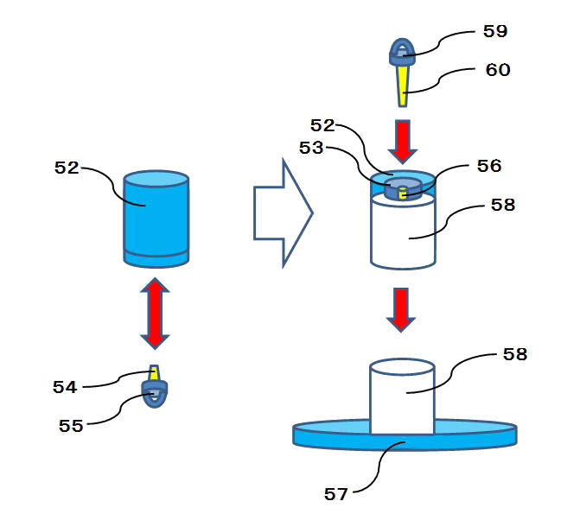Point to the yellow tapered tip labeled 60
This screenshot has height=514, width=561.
pyautogui.click(x=403, y=84)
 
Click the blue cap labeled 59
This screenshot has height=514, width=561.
pyautogui.click(x=402, y=52)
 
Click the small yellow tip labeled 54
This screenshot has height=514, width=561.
pyautogui.click(x=154, y=373)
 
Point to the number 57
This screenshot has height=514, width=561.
pyautogui.click(x=335, y=494)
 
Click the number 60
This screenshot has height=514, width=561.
pyautogui.click(x=498, y=70)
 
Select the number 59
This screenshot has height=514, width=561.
pyautogui.click(x=495, y=31)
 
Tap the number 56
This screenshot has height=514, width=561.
pyautogui.click(x=488, y=165)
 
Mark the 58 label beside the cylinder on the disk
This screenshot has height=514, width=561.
pyautogui.click(x=514, y=354)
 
